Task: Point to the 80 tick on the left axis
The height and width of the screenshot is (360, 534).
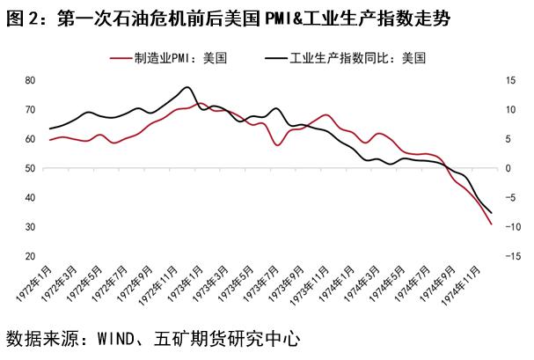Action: click(x=30, y=80)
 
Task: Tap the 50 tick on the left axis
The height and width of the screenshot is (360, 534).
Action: click(x=30, y=168)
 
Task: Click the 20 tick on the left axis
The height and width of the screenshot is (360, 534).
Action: click(x=30, y=256)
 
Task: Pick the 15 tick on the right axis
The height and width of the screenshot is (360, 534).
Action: click(x=509, y=80)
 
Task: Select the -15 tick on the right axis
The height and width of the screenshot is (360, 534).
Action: click(x=509, y=256)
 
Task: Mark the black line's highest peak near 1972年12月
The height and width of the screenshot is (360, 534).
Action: click(x=187, y=87)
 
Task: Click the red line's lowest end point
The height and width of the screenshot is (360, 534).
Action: click(x=491, y=224)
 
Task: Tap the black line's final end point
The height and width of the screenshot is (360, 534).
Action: click(x=491, y=213)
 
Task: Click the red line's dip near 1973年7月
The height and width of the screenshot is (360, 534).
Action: click(x=279, y=144)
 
